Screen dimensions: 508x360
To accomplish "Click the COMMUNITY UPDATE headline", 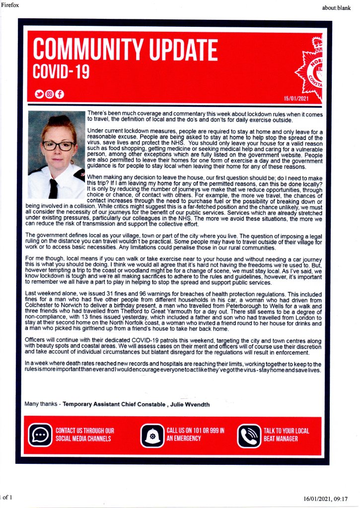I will point(125,51).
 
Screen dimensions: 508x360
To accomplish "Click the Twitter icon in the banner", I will point(39,94).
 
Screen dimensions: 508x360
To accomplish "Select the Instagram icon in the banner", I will point(49,94).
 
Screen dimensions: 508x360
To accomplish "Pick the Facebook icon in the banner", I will point(59,94).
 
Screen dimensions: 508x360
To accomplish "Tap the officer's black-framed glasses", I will point(58,145).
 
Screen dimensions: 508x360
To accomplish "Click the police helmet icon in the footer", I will point(152,435).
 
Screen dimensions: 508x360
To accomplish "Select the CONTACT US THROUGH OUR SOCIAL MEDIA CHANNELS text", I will point(84,435).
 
